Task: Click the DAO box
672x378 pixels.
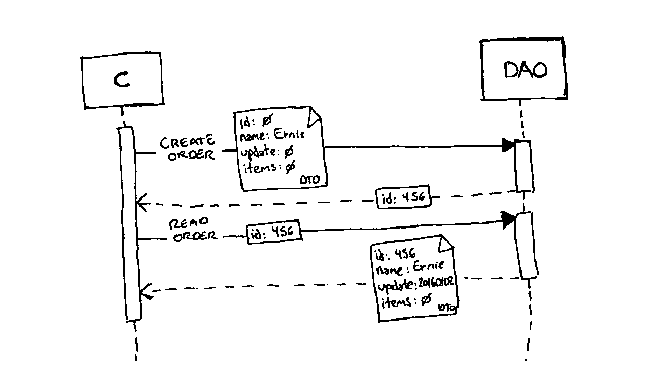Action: click(x=524, y=70)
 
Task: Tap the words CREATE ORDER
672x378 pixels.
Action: click(x=188, y=148)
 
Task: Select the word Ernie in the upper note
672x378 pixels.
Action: click(x=289, y=134)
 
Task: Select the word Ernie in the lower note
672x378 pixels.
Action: click(x=428, y=266)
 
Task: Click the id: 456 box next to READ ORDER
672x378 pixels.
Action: click(x=274, y=232)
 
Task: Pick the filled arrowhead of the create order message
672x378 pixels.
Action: click(x=508, y=145)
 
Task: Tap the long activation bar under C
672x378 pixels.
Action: click(x=129, y=224)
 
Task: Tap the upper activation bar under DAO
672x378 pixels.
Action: click(x=524, y=166)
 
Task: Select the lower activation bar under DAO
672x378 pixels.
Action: click(x=526, y=245)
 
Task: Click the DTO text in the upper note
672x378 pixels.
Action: click(x=310, y=180)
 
